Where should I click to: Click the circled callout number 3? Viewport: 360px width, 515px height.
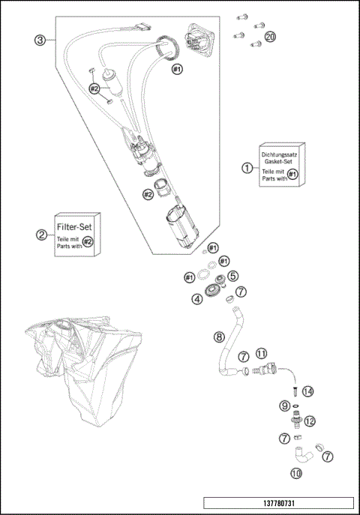click(x=40, y=40)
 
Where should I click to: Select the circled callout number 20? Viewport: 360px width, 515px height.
click(x=270, y=37)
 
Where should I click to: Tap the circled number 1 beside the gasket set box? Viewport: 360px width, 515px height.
click(x=247, y=168)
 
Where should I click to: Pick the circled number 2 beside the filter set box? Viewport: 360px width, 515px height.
click(x=41, y=235)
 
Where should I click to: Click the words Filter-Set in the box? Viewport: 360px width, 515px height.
click(x=74, y=227)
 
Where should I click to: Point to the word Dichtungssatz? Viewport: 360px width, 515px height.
click(x=279, y=154)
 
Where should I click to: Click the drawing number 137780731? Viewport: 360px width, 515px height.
click(x=279, y=503)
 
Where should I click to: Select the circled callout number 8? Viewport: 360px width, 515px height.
click(x=219, y=337)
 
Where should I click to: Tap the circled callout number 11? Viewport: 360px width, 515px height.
click(x=262, y=353)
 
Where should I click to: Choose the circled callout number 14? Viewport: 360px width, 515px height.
click(x=308, y=391)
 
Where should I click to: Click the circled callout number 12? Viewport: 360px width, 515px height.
click(x=310, y=421)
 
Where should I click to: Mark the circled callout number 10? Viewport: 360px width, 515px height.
click(x=296, y=473)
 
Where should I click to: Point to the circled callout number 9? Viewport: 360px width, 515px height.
click(x=285, y=406)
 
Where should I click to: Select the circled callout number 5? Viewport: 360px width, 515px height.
click(x=233, y=276)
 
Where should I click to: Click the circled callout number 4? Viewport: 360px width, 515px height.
click(x=197, y=299)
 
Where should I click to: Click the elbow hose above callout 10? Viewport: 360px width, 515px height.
click(x=303, y=454)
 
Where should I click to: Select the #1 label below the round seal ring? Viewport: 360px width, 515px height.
click(x=177, y=69)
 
